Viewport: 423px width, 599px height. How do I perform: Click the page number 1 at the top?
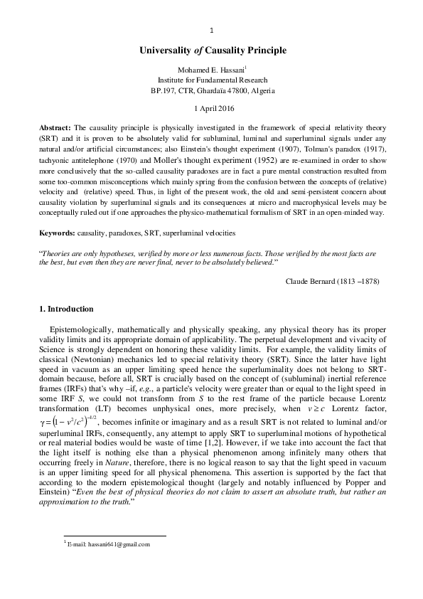click(212, 30)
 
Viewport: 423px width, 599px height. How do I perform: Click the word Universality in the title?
click(164, 51)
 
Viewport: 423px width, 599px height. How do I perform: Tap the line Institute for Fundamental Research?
click(211, 80)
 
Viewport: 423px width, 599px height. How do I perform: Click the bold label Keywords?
click(58, 233)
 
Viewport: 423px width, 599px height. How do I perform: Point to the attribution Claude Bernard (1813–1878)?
click(333, 281)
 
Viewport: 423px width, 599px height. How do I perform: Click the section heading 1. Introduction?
click(70, 309)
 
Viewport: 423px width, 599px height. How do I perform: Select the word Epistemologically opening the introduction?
click(83, 331)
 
